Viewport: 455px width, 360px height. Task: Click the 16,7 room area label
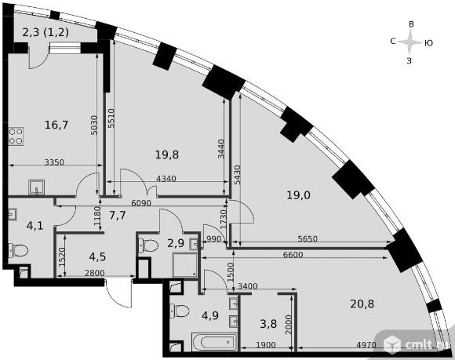click(56, 125)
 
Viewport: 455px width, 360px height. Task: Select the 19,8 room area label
click(167, 155)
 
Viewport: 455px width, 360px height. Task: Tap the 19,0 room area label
click(299, 195)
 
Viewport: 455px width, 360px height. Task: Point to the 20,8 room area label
click(362, 304)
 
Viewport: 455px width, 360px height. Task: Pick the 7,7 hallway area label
click(118, 216)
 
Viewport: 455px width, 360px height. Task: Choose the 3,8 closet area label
click(268, 324)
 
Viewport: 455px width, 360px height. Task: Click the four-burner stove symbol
click(16, 136)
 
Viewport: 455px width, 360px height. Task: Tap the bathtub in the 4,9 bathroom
click(214, 342)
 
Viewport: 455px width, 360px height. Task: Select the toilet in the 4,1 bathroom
click(18, 250)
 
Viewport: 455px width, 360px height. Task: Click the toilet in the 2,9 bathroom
click(148, 245)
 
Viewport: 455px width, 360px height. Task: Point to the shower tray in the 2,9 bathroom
click(185, 264)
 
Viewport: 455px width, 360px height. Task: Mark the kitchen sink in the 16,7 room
click(37, 187)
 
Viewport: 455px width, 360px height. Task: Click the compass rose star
click(409, 42)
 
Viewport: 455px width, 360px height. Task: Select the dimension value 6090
click(141, 203)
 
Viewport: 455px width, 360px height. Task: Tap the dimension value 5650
click(308, 239)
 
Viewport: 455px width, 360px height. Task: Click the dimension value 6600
click(293, 255)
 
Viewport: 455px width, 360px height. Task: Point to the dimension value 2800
click(94, 273)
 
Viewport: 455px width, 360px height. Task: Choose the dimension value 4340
click(166, 178)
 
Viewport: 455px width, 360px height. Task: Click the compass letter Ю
click(428, 43)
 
